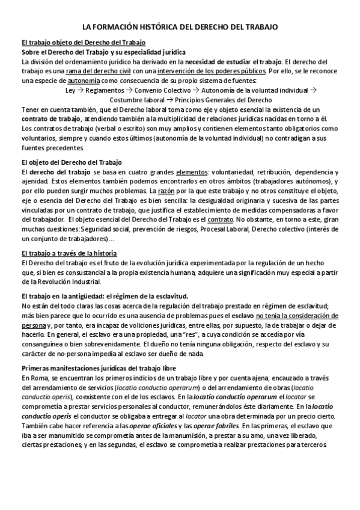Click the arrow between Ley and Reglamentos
(79, 90)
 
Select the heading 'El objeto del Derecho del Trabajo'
(71, 162)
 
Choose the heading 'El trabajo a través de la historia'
(69, 253)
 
